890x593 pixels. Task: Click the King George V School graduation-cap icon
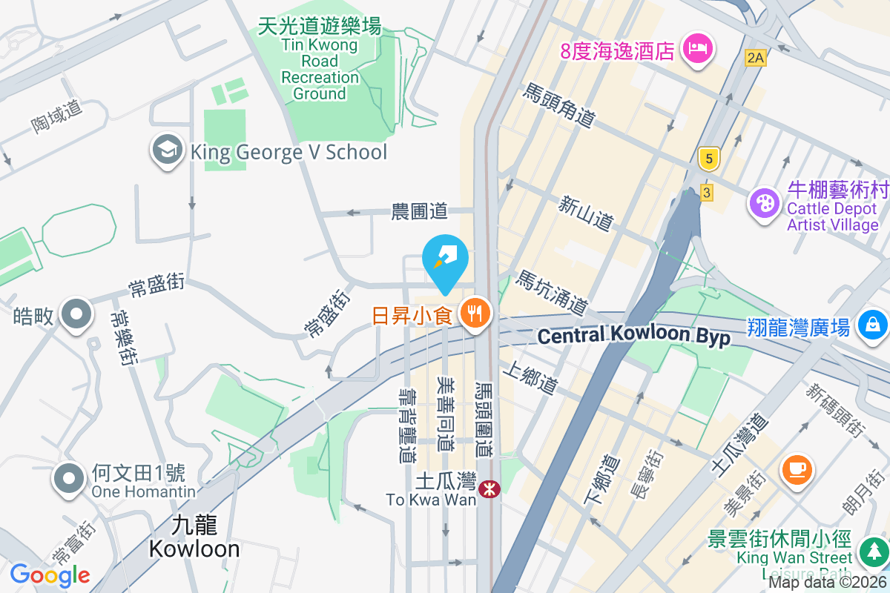coord(168,151)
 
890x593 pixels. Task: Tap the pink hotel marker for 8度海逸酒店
coord(697,50)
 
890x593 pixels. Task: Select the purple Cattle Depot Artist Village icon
coord(762,202)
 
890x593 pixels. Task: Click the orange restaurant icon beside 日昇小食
coord(474,314)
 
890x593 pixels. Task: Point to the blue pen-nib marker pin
coord(445,259)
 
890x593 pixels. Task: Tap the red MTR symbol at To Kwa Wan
coord(489,488)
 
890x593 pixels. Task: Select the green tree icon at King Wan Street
coord(872,551)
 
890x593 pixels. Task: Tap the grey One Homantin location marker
coord(69,479)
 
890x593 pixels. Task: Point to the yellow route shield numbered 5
coord(710,158)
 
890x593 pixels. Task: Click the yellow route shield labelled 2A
coord(755,58)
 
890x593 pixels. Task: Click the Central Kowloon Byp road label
coord(634,336)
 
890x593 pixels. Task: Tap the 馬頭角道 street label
coord(559,105)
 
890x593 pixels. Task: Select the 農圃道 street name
coord(420,212)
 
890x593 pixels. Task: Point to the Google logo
coord(50,574)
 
